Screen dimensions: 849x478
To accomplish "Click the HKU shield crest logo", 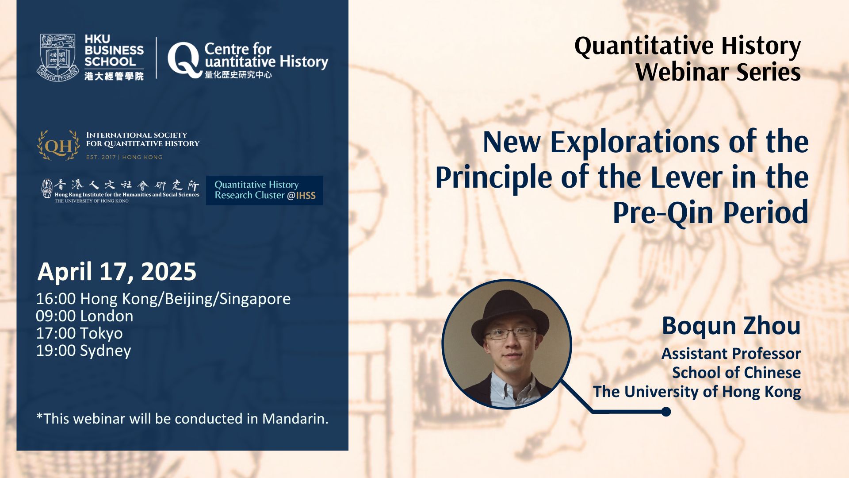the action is coord(58,58).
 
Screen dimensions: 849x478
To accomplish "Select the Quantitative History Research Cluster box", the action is coord(264,190).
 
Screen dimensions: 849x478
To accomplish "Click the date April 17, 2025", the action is coord(117,271).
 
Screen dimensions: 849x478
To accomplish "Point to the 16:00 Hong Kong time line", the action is coord(163,299).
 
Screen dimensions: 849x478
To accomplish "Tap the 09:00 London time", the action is coord(84,316).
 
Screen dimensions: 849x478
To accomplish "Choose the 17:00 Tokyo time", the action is coord(80,333).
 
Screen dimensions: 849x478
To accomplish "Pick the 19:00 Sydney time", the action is coord(84,351).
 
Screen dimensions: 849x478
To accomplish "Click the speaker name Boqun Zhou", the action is coord(731,326).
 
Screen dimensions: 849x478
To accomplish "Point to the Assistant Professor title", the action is coord(731,354).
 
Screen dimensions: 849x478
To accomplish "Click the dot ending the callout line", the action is coord(666,412).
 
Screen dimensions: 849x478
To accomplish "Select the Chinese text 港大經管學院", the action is coord(114,76).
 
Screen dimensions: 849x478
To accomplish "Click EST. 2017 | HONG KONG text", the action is coord(124,157).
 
